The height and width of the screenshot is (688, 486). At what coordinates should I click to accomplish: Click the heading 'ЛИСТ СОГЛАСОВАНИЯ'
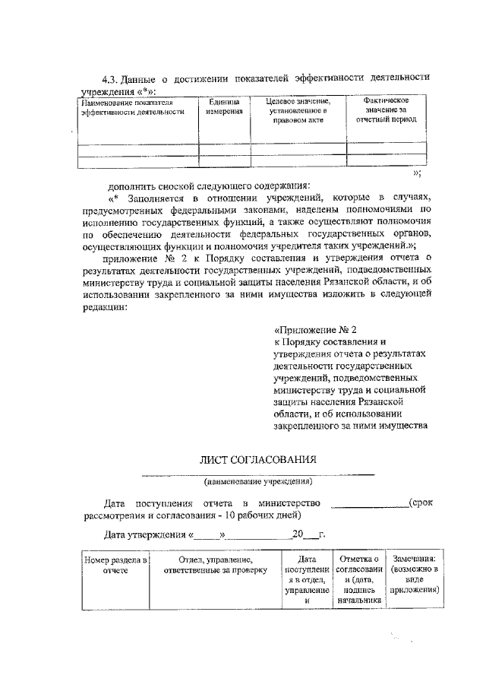[258, 459]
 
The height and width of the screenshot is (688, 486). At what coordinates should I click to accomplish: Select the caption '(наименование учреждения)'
[258, 480]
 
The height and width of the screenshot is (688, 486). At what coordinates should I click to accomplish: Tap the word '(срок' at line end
[420, 503]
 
